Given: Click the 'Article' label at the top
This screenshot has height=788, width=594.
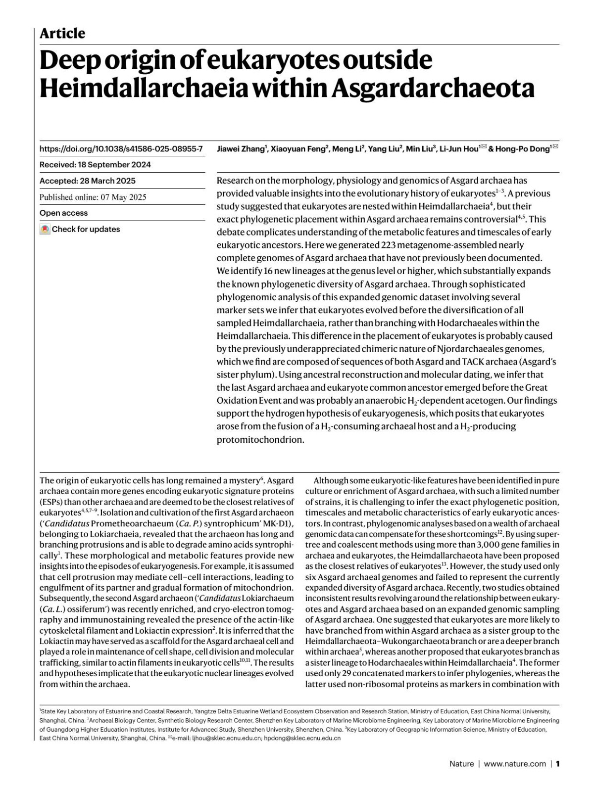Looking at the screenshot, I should pyautogui.click(x=62, y=34).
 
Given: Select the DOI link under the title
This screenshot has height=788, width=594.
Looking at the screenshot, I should pyautogui.click(x=121, y=148).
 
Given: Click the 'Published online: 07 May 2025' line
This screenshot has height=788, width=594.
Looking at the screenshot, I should pyautogui.click(x=93, y=197).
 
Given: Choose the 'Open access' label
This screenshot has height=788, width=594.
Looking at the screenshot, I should pyautogui.click(x=63, y=213).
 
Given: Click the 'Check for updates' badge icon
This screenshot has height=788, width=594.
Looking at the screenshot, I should pyautogui.click(x=45, y=230).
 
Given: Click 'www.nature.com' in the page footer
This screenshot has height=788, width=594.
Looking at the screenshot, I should pyautogui.click(x=515, y=764).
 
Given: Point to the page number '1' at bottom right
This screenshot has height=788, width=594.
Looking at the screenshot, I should pyautogui.click(x=558, y=764).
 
